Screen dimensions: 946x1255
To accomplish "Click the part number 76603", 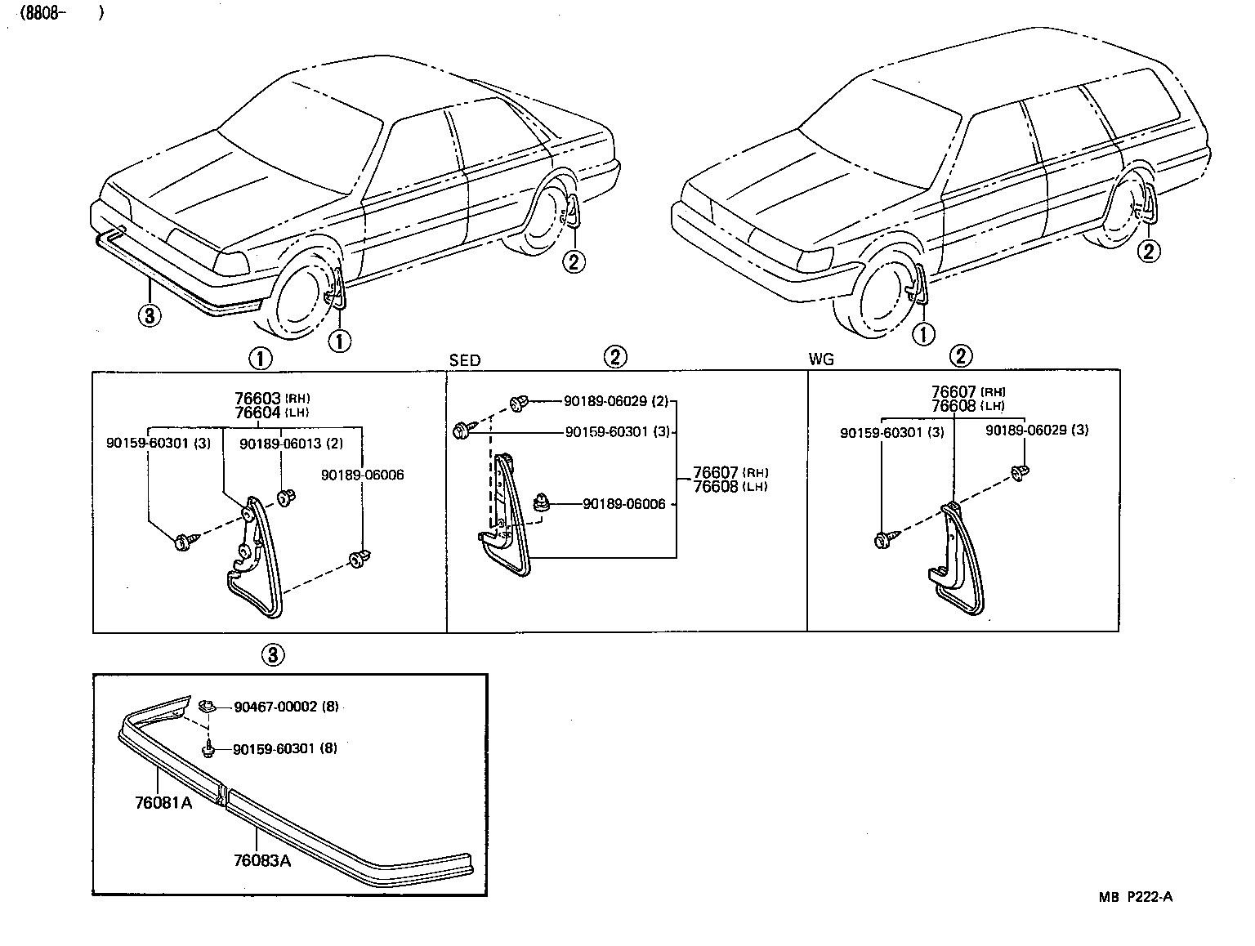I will pyautogui.click(x=257, y=398).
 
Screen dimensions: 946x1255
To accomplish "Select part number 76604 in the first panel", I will pyautogui.click(x=257, y=412).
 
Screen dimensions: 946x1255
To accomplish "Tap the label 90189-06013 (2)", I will pyautogui.click(x=290, y=443).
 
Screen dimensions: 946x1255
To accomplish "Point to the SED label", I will pyautogui.click(x=464, y=360).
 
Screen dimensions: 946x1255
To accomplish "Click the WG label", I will pyautogui.click(x=820, y=360).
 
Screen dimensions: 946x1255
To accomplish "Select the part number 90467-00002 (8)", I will pyautogui.click(x=285, y=707).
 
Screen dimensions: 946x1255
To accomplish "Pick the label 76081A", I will pyautogui.click(x=163, y=802).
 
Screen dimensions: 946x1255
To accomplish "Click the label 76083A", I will pyautogui.click(x=261, y=860).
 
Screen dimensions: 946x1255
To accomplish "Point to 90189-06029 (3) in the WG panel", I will pyautogui.click(x=1036, y=430).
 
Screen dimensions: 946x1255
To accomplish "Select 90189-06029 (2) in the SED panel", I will pyautogui.click(x=615, y=401).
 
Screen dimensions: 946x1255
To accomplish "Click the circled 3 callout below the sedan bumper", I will pyautogui.click(x=150, y=316).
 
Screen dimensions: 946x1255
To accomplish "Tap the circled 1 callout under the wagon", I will pyautogui.click(x=923, y=333).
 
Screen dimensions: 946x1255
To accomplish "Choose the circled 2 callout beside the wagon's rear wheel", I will pyautogui.click(x=1149, y=251).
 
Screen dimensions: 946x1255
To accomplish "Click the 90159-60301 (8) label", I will pyautogui.click(x=284, y=748).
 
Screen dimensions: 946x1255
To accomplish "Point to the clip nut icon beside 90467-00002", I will pyautogui.click(x=206, y=704).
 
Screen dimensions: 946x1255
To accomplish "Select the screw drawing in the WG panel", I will pyautogui.click(x=884, y=539).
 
